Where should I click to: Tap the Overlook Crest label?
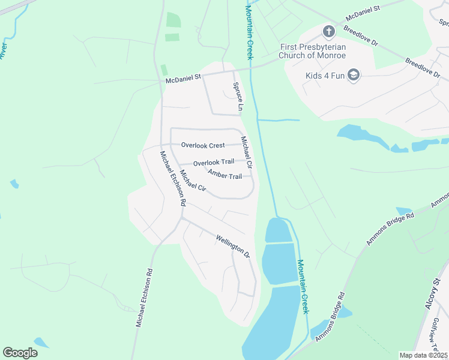tap(203, 145)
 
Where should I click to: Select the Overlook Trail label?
tap(214, 163)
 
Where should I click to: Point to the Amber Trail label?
tap(224, 175)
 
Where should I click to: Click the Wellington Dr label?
tap(233, 247)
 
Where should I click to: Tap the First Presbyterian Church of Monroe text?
tap(312, 52)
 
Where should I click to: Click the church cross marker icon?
tap(328, 31)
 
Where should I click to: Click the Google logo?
tap(20, 353)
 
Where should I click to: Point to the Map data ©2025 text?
tap(423, 355)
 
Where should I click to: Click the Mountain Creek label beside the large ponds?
tap(304, 286)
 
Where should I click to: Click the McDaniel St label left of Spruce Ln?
tap(183, 79)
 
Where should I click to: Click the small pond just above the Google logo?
tap(41, 343)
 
